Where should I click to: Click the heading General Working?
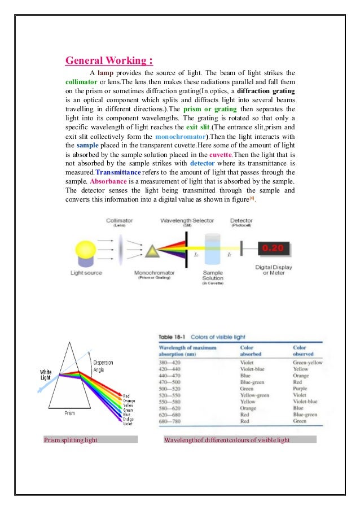[x=109, y=60]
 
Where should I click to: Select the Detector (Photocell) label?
[x=242, y=223]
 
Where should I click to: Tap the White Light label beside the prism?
[x=46, y=374]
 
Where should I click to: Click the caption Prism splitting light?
[x=70, y=439]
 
